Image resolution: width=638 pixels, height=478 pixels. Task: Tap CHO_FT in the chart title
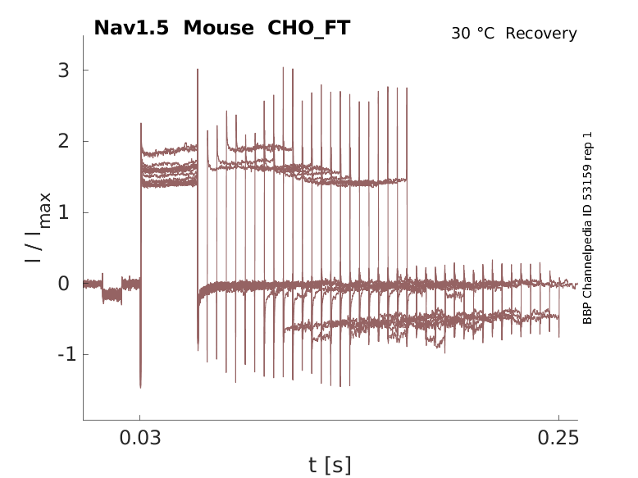[x=309, y=28]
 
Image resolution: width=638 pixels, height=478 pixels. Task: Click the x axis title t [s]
[x=330, y=465]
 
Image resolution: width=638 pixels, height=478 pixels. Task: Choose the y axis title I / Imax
[x=38, y=227]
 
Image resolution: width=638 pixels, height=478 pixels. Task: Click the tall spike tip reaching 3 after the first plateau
[x=198, y=70]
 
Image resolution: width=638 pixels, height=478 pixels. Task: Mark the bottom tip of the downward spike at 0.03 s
[x=140, y=387]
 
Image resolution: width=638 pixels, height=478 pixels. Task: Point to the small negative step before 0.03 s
[x=112, y=297]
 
